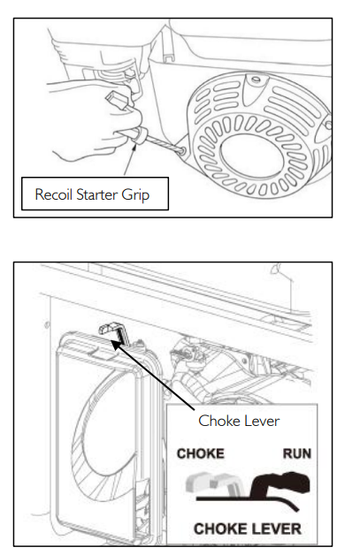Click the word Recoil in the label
54,194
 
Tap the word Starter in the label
97,194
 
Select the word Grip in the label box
135,195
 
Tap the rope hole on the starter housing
182,151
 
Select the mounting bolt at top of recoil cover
256,80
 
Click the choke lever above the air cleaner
113,331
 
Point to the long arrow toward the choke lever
153,376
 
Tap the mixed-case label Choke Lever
239,421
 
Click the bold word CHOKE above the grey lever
201,453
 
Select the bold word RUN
297,453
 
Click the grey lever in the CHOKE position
212,484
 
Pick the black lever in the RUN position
280,483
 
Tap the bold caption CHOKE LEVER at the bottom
248,528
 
